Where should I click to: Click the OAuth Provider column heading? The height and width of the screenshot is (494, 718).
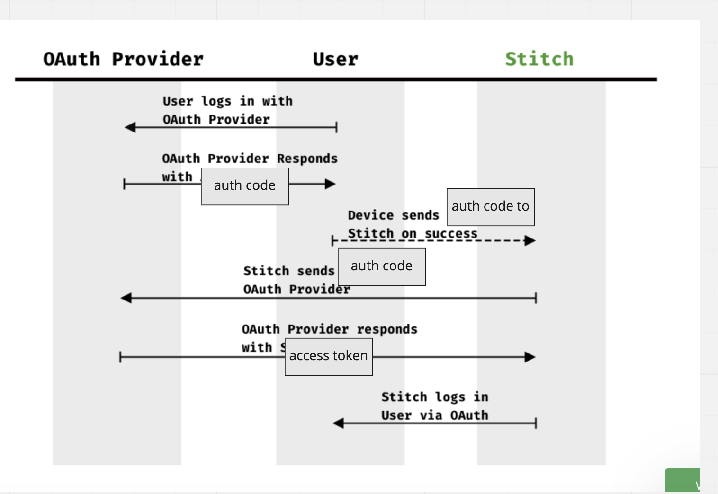point(123,59)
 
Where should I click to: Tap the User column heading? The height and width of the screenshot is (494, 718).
point(335,59)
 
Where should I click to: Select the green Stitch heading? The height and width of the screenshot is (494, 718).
point(539,59)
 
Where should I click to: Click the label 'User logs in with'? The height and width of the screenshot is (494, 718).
point(227,101)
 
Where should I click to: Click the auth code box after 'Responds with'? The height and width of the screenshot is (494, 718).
point(244,186)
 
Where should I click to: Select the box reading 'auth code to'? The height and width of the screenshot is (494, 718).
point(490,207)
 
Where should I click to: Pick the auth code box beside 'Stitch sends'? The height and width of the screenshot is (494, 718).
point(381,266)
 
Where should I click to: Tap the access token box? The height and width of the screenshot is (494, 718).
point(328,356)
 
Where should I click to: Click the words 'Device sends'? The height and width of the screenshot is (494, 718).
point(393,215)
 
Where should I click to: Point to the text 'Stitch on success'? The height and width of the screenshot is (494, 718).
point(412,233)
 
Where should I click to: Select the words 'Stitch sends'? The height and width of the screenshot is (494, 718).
point(288,271)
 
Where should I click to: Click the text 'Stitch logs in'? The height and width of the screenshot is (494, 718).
point(434,397)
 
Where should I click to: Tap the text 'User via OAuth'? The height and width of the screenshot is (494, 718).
point(434,415)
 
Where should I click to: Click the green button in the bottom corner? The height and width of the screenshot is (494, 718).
point(682,481)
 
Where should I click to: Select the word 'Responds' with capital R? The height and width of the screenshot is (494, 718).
point(307,159)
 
